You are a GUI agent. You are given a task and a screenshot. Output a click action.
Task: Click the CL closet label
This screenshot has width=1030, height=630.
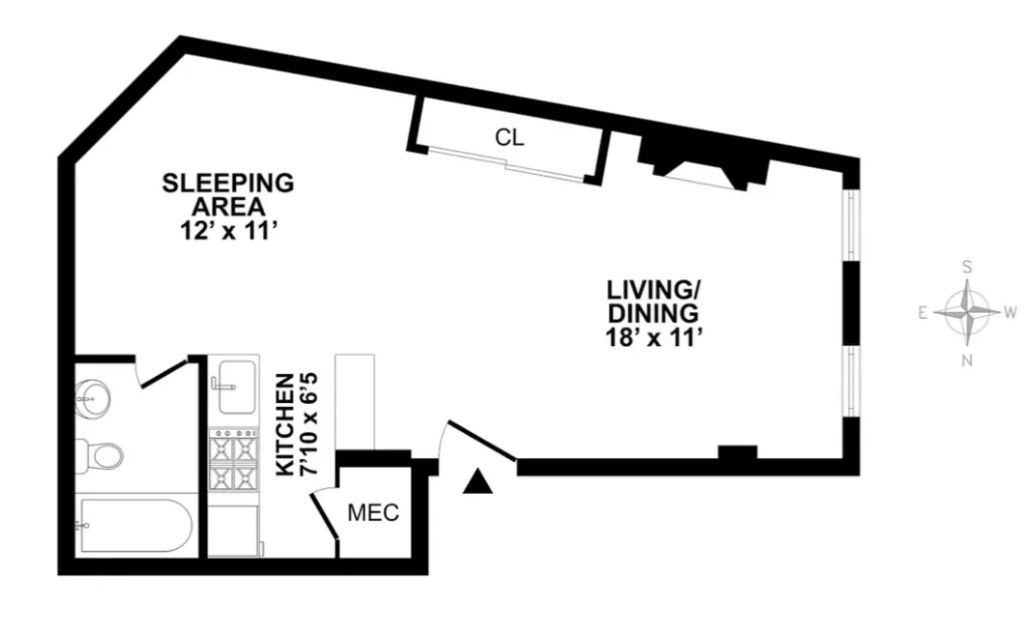click(x=510, y=137)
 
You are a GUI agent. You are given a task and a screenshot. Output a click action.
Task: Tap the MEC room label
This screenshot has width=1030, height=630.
click(x=373, y=513)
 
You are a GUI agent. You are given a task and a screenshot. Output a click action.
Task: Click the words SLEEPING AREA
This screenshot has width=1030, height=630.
click(x=227, y=193)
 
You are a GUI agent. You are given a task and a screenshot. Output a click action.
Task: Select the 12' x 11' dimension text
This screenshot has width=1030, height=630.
click(x=228, y=230)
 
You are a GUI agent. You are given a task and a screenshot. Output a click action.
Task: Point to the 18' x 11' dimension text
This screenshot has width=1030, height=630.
click(x=653, y=338)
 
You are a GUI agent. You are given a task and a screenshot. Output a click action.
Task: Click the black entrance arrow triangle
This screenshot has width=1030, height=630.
click(x=477, y=481)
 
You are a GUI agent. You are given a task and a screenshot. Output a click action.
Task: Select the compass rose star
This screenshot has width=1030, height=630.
click(x=967, y=313)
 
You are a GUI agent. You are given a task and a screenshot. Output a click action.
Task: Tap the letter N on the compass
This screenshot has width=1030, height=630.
click(x=967, y=360)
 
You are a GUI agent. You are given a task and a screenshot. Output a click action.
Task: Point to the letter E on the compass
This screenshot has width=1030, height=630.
click(x=924, y=313)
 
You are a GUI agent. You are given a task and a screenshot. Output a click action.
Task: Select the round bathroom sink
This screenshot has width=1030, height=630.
click(x=93, y=396)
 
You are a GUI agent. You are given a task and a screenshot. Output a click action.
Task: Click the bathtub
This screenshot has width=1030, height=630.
click(x=135, y=526)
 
